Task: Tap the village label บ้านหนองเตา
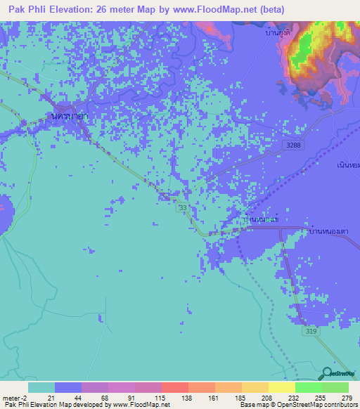[x=329, y=230]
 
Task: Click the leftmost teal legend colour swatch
[x=41, y=387]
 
